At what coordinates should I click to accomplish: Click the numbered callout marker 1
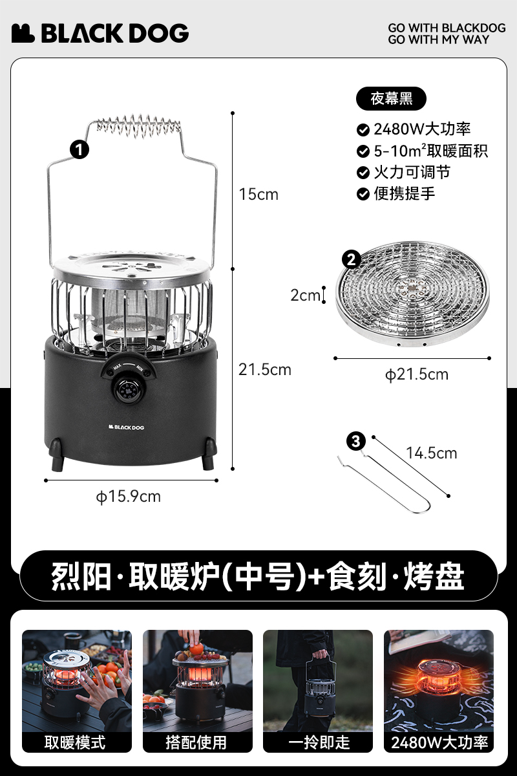click(x=79, y=149)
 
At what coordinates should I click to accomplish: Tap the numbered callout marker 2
click(x=351, y=259)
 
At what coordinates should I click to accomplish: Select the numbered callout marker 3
click(x=356, y=441)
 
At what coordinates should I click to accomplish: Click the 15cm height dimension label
click(x=258, y=195)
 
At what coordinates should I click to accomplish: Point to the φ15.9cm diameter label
click(x=129, y=497)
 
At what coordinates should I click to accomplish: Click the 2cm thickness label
click(x=305, y=295)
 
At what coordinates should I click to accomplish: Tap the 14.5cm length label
click(x=432, y=453)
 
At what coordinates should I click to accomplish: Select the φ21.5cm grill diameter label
click(x=417, y=374)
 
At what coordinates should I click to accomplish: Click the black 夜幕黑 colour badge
click(x=391, y=99)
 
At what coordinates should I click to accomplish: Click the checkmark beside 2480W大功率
click(x=363, y=130)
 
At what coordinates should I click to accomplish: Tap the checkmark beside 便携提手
click(x=363, y=194)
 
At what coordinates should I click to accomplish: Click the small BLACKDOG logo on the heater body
click(x=126, y=427)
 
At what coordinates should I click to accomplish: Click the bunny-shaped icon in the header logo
click(x=23, y=34)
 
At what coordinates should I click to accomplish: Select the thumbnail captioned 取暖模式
click(x=77, y=691)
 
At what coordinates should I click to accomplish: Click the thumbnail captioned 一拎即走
click(x=318, y=691)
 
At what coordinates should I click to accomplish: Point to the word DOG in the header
click(x=159, y=34)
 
